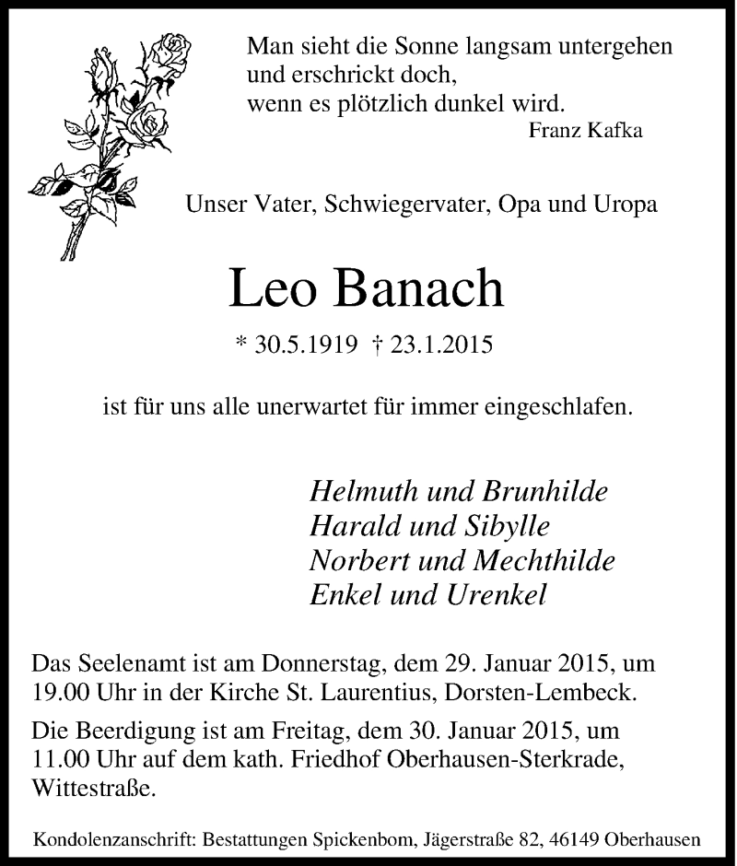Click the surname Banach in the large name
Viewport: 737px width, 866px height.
422,289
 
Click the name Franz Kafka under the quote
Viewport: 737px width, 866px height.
586,130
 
